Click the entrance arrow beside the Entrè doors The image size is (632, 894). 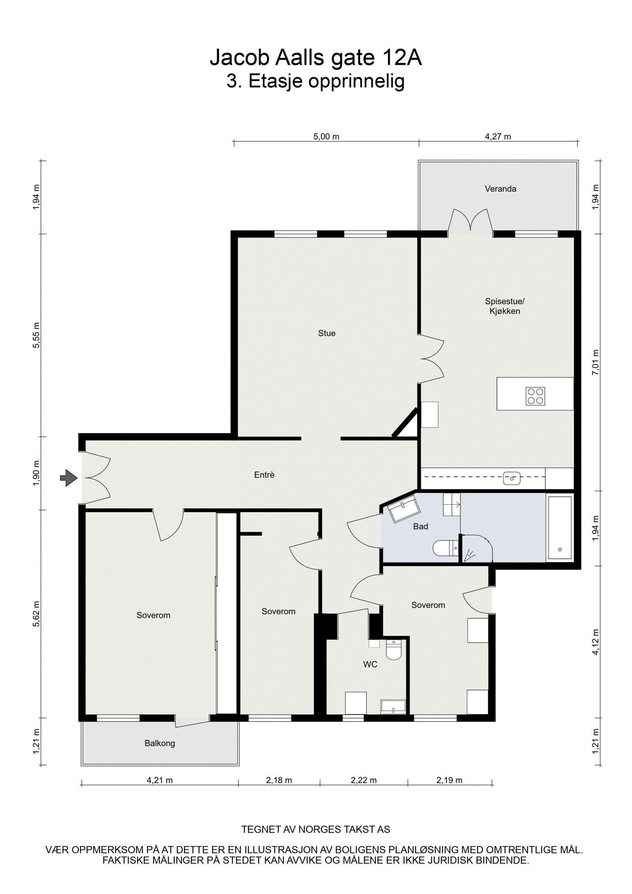tap(68, 478)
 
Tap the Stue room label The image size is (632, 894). tap(327, 333)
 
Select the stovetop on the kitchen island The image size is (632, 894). tap(535, 396)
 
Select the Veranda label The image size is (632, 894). tap(500, 189)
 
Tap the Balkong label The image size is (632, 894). tap(160, 743)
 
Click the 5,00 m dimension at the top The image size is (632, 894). tap(326, 137)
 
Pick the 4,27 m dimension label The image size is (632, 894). tap(498, 137)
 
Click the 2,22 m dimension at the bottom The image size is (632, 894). tap(363, 780)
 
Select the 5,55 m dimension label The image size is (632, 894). tap(37, 335)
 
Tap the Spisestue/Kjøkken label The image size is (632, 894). tap(504, 306)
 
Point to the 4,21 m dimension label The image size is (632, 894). tap(160, 780)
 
